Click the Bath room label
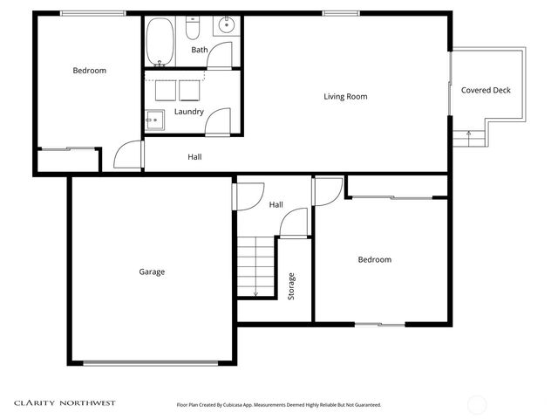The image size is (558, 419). [x=200, y=50]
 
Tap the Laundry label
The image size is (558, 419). [x=189, y=112]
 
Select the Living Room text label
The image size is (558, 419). [x=345, y=96]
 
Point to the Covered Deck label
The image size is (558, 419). [x=486, y=90]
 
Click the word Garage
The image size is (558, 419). [x=152, y=271]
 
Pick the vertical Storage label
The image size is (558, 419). [x=292, y=286]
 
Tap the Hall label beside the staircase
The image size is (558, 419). [x=276, y=204]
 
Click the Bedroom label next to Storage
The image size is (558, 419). [x=375, y=259]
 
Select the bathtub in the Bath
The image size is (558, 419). [x=160, y=41]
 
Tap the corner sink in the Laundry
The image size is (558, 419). [x=154, y=120]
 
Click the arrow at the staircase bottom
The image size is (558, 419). [x=255, y=293]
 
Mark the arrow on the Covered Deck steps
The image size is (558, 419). [x=469, y=134]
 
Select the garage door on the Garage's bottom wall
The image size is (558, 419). [x=150, y=363]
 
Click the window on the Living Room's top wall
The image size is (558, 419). [x=336, y=12]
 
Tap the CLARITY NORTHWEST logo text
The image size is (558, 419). [x=65, y=403]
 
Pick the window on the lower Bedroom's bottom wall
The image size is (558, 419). [x=380, y=325]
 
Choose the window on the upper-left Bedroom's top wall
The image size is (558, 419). [x=92, y=12]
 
